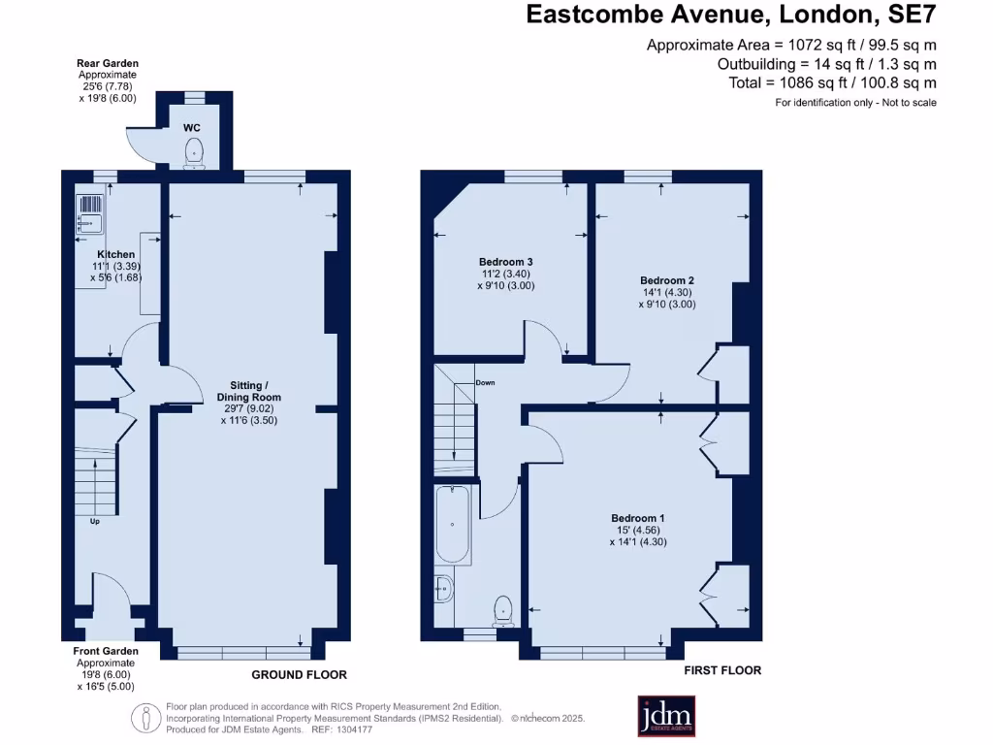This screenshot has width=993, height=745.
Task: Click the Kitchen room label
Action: point(115,255)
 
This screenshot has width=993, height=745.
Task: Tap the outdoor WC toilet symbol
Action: point(195,151)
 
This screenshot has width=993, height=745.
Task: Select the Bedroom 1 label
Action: point(637,518)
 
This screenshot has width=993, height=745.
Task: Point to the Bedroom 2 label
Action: point(668,281)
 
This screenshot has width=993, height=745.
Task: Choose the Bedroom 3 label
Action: point(505,262)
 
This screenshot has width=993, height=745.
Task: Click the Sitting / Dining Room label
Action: point(249,391)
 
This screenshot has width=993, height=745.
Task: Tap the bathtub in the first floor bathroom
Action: point(453,525)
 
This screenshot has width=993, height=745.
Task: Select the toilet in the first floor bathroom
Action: point(503,609)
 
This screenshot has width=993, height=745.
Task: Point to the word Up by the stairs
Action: point(94,521)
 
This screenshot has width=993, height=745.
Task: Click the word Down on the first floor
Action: point(485,382)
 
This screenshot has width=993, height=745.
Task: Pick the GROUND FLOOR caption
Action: point(299,674)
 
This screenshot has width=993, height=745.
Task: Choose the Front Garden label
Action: point(106,651)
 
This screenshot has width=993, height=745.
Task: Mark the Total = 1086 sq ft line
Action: point(832,82)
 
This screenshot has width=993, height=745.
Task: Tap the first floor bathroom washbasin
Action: point(443,589)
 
